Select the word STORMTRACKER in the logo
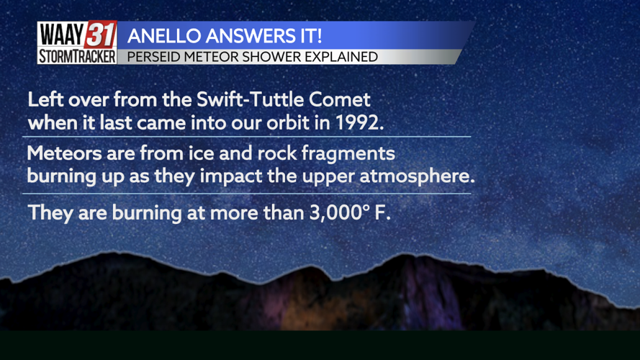(x=77, y=57)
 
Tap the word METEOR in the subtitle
(x=204, y=57)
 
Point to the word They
(x=48, y=213)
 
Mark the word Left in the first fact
(x=43, y=99)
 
